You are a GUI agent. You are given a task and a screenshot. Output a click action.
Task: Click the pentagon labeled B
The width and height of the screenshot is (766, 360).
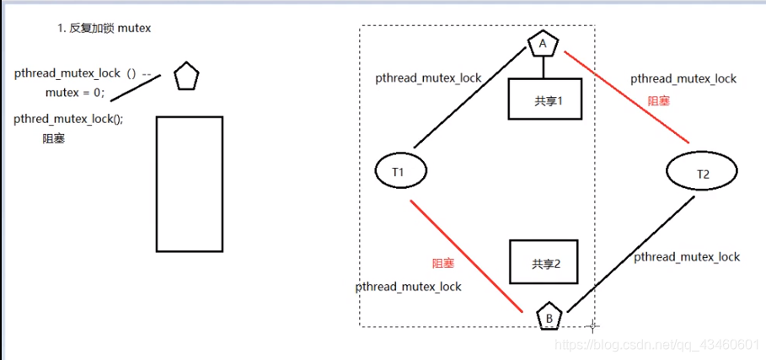pyautogui.click(x=549, y=316)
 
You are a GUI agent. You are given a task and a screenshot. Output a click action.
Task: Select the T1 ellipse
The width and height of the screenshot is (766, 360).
pyautogui.click(x=399, y=171)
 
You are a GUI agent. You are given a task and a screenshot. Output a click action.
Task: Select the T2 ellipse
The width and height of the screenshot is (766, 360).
pyautogui.click(x=702, y=173)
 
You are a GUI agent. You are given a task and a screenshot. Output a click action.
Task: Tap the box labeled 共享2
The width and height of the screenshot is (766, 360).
pyautogui.click(x=546, y=263)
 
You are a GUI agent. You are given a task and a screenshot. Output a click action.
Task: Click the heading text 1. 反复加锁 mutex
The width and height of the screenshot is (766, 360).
pyautogui.click(x=104, y=29)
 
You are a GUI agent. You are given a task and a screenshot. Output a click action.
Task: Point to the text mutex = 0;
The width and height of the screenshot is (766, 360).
pyautogui.click(x=75, y=92)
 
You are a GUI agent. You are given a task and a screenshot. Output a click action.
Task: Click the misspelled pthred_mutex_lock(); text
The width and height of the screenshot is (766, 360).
pyautogui.click(x=68, y=119)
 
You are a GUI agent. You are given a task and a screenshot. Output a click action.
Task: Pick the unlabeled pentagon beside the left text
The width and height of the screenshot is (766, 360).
pyautogui.click(x=186, y=78)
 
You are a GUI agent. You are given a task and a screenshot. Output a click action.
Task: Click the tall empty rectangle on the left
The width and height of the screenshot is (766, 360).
pyautogui.click(x=189, y=184)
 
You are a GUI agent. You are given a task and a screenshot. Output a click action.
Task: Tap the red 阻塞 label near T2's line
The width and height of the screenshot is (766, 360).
pyautogui.click(x=659, y=101)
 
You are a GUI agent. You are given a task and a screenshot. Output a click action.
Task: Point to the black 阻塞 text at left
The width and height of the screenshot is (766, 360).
pyautogui.click(x=54, y=139)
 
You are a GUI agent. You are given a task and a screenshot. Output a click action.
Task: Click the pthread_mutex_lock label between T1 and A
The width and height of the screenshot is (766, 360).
pyautogui.click(x=428, y=78)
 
